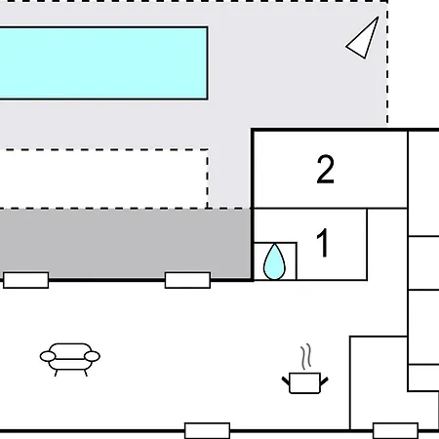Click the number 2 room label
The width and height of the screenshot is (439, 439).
[325, 170]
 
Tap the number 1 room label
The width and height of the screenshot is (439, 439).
[323, 243]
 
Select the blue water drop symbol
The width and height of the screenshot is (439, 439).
[274, 262]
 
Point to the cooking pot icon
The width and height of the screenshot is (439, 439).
[304, 382]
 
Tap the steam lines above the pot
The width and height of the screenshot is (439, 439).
[305, 357]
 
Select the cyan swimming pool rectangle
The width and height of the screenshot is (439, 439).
[103, 63]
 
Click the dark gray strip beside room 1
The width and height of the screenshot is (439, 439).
[125, 243]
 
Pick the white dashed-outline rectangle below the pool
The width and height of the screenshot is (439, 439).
[103, 179]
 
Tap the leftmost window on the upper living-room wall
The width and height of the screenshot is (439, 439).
[26, 280]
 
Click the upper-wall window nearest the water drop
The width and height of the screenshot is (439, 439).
[187, 280]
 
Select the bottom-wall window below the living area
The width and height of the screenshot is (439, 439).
[207, 431]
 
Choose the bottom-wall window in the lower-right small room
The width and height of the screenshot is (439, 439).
[395, 431]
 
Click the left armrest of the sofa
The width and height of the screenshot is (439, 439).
[48, 356]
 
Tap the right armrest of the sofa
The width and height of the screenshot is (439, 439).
[92, 356]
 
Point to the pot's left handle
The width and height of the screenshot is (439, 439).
[286, 380]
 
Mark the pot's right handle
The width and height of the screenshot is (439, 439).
[324, 380]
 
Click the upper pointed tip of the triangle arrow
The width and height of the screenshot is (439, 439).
[379, 18]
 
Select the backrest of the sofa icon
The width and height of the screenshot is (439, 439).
[70, 348]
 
